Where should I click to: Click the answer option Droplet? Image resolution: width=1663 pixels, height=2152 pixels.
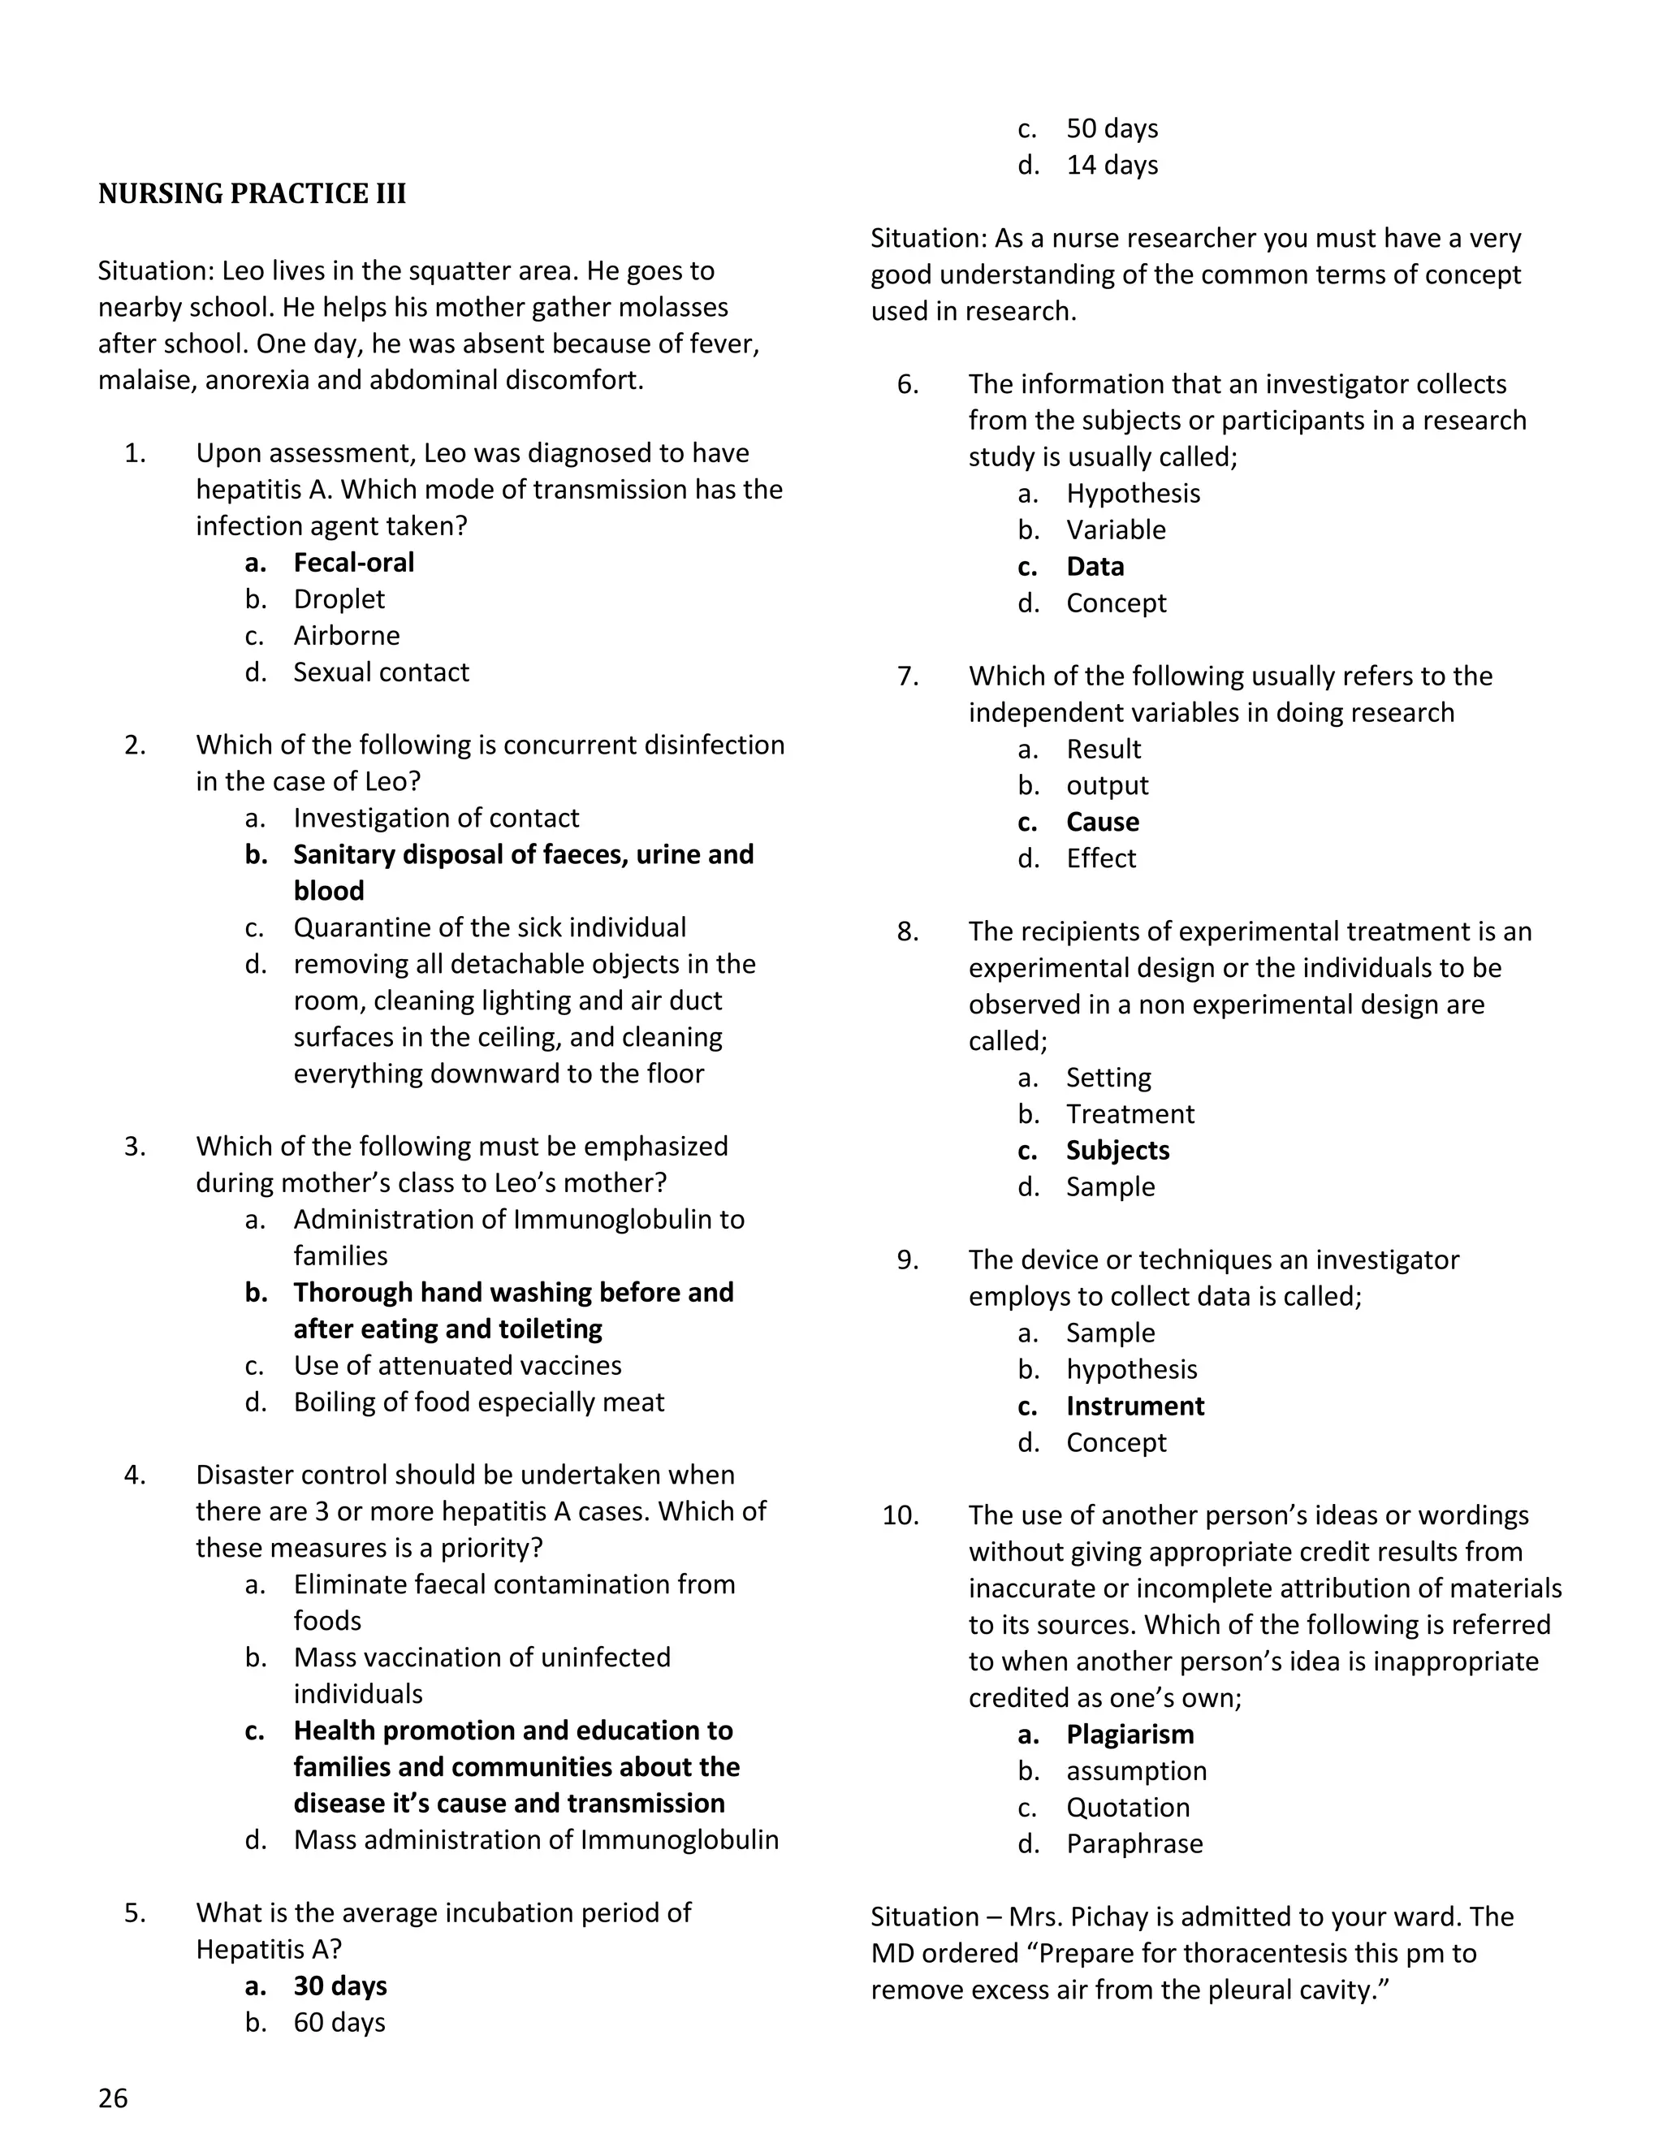[x=338, y=599]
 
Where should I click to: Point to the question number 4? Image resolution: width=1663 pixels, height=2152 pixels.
[x=135, y=1475]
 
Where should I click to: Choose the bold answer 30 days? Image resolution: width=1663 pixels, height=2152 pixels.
[x=340, y=1986]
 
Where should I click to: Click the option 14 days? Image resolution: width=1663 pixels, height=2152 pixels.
[x=1112, y=165]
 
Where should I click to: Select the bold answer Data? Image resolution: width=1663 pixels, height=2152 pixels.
[x=1095, y=567]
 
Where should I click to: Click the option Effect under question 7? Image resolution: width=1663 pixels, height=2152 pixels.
[x=1100, y=858]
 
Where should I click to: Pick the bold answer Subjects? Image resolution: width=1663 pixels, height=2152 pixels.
[x=1117, y=1150]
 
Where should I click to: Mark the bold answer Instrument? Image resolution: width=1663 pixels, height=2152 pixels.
[x=1134, y=1406]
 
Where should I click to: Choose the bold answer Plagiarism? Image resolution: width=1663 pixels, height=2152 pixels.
[x=1129, y=1735]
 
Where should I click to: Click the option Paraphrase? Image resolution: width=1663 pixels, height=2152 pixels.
[x=1134, y=1843]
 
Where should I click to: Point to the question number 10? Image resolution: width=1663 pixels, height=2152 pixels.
[x=901, y=1515]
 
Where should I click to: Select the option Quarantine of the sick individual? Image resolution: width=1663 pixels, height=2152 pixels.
[x=489, y=927]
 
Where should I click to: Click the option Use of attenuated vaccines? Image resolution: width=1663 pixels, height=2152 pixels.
[x=457, y=1366]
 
